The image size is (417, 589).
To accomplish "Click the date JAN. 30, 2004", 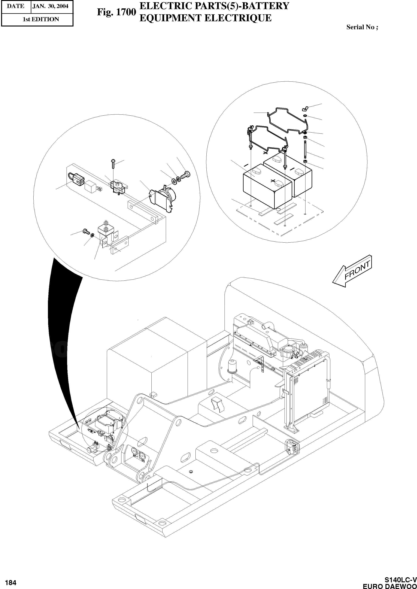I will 51,6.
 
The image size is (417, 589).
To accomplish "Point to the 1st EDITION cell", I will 41,19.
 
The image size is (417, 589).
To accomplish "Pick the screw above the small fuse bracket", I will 113,163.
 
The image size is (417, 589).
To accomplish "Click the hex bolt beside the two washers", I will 186,175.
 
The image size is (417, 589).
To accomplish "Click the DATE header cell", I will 15,6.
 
